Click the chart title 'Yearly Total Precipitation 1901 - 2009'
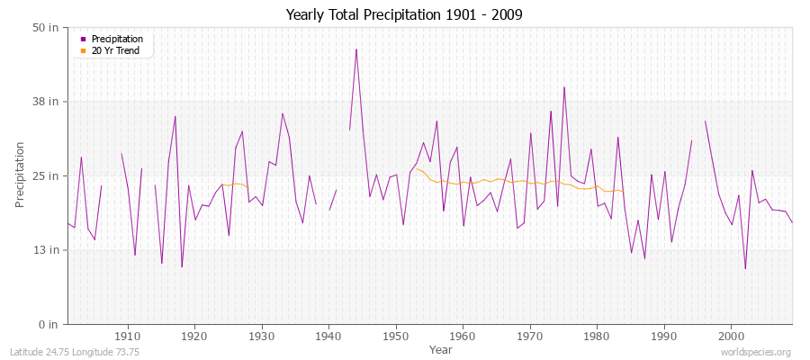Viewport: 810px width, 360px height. tap(404, 15)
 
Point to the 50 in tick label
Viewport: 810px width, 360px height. tap(46, 28)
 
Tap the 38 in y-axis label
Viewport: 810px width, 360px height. tap(46, 102)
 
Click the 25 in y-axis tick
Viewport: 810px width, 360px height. tap(46, 175)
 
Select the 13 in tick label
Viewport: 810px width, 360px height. tap(46, 249)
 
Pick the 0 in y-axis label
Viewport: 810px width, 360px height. tap(49, 324)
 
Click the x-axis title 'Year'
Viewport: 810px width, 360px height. tap(441, 349)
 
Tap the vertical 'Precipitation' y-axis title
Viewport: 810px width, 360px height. tap(20, 175)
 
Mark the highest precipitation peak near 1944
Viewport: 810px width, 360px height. tap(356, 49)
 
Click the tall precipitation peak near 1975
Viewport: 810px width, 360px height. tap(564, 87)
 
